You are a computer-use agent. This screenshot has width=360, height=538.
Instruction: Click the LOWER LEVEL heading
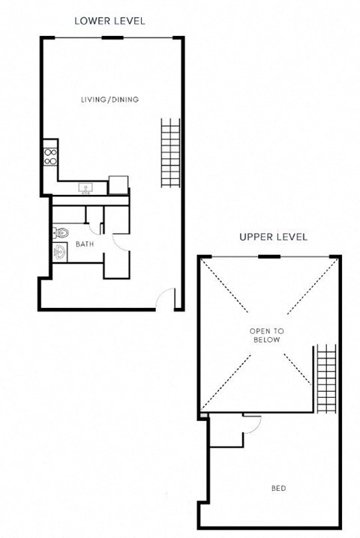click(109, 21)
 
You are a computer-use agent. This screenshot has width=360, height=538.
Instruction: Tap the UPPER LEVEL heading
click(273, 238)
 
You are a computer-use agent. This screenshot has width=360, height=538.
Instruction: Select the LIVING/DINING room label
click(109, 100)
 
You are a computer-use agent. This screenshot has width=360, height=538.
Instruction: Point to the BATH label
click(83, 244)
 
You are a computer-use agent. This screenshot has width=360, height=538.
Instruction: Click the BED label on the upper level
click(278, 489)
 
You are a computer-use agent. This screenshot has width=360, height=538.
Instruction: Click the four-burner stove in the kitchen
click(51, 156)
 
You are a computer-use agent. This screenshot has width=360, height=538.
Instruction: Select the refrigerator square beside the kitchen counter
click(118, 184)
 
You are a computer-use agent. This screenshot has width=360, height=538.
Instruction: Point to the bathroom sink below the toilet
click(60, 253)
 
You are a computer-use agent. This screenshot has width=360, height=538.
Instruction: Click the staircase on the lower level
click(171, 154)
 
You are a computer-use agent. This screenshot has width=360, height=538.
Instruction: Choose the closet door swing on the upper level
click(252, 424)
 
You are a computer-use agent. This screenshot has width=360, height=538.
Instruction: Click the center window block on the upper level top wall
click(269, 257)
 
